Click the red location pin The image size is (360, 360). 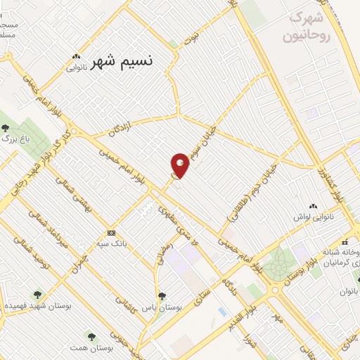tap(180, 165)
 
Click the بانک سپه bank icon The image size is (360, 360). tap(111, 233)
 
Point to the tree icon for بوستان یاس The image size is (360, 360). tap(162, 296)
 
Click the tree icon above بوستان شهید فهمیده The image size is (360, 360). tap(37, 295)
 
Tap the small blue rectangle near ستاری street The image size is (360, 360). tap(222, 311)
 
